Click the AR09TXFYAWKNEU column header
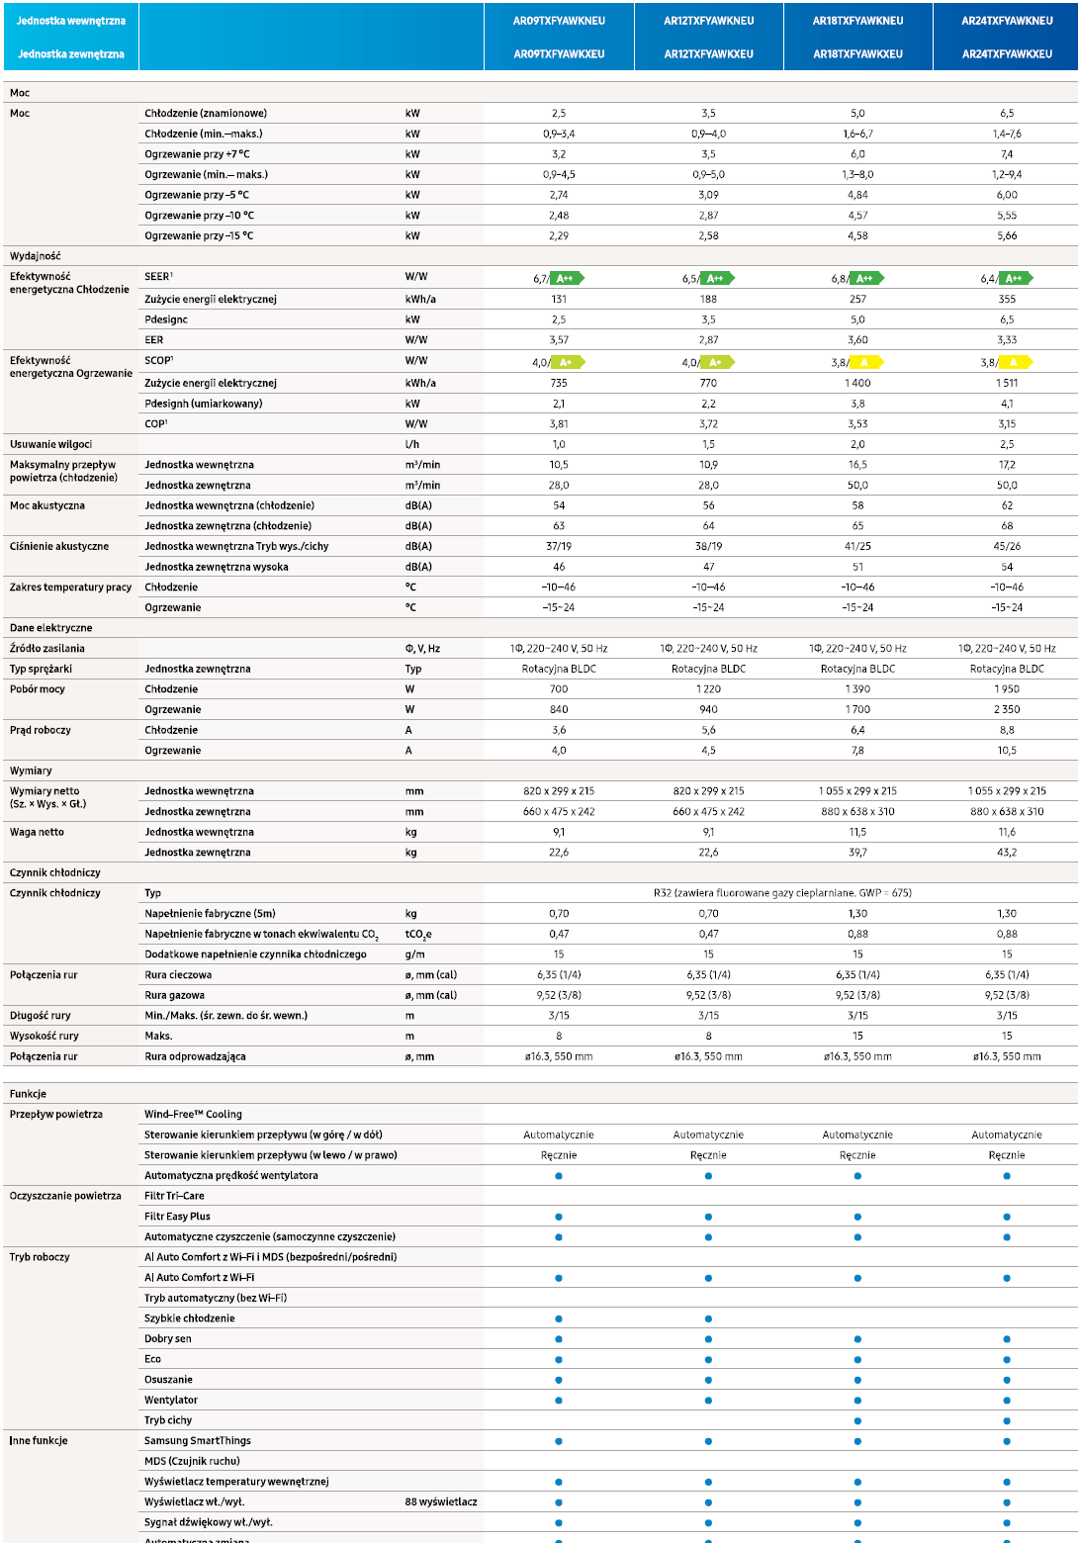coord(559,21)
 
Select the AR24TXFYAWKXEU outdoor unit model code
coord(1007,53)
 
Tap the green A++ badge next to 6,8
coord(866,278)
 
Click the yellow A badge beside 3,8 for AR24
coord(1016,362)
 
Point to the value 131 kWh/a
coord(559,299)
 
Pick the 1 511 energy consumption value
coord(1007,383)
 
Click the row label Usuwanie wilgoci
coord(51,444)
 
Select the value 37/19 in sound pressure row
coord(559,546)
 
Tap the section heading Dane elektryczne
coord(51,627)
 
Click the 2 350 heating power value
coord(1007,709)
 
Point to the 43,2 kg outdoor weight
coord(1007,852)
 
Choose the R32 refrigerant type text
coord(782,893)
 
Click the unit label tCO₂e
coord(418,934)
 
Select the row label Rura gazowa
coord(174,995)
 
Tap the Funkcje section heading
coord(28,1093)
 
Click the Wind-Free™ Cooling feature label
coord(193,1114)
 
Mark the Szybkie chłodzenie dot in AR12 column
coord(708,1318)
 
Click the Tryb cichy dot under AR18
coord(857,1420)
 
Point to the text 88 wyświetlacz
coord(441,1501)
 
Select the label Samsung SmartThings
coord(198,1440)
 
